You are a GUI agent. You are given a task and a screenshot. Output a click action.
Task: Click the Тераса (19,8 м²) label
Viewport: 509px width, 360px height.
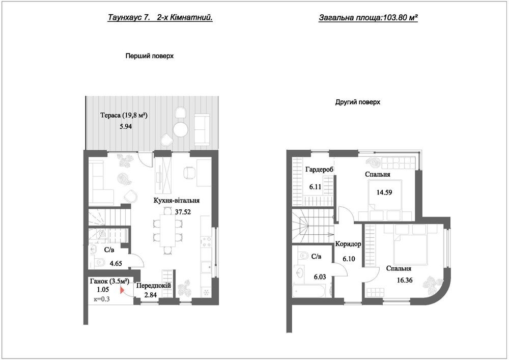[x=124, y=115]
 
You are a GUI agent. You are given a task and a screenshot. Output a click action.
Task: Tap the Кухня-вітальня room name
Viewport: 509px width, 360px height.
[x=177, y=201]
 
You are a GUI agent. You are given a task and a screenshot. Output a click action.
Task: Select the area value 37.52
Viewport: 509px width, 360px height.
[x=183, y=212]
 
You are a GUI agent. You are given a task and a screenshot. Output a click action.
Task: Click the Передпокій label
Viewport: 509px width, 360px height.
[x=154, y=286]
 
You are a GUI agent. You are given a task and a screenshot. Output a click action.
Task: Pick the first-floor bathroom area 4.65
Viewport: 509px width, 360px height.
[x=116, y=264]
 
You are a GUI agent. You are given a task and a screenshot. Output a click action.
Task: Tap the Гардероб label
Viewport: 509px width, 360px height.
[x=320, y=170]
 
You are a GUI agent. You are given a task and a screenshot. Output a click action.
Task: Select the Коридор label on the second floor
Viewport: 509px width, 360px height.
[x=348, y=244]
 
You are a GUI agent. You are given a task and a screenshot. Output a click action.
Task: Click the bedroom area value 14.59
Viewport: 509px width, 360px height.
[x=384, y=192]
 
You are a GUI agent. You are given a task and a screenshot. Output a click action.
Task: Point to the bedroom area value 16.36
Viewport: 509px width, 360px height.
[x=405, y=281]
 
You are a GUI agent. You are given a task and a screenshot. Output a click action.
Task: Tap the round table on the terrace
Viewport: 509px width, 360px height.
[x=181, y=129]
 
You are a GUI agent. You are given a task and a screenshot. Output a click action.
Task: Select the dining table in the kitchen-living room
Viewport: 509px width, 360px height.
[x=167, y=231]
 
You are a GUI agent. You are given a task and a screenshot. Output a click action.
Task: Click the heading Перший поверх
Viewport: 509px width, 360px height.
[x=150, y=56]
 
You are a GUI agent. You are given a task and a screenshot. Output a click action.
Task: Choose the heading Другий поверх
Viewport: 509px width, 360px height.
[x=357, y=102]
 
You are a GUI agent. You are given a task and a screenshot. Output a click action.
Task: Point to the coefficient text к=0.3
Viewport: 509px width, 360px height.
[x=102, y=299]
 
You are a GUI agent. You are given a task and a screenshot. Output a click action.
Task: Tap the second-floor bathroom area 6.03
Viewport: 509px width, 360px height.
[x=320, y=277]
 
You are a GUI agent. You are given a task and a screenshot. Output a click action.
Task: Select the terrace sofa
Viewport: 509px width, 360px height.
[x=202, y=129]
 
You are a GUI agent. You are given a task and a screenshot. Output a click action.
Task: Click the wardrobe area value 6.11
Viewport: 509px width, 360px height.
[x=315, y=187]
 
